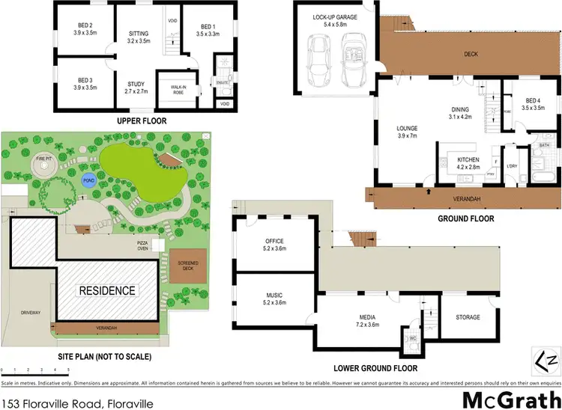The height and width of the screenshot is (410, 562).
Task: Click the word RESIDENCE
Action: tap(108, 290)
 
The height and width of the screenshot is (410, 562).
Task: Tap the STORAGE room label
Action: tap(468, 317)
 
